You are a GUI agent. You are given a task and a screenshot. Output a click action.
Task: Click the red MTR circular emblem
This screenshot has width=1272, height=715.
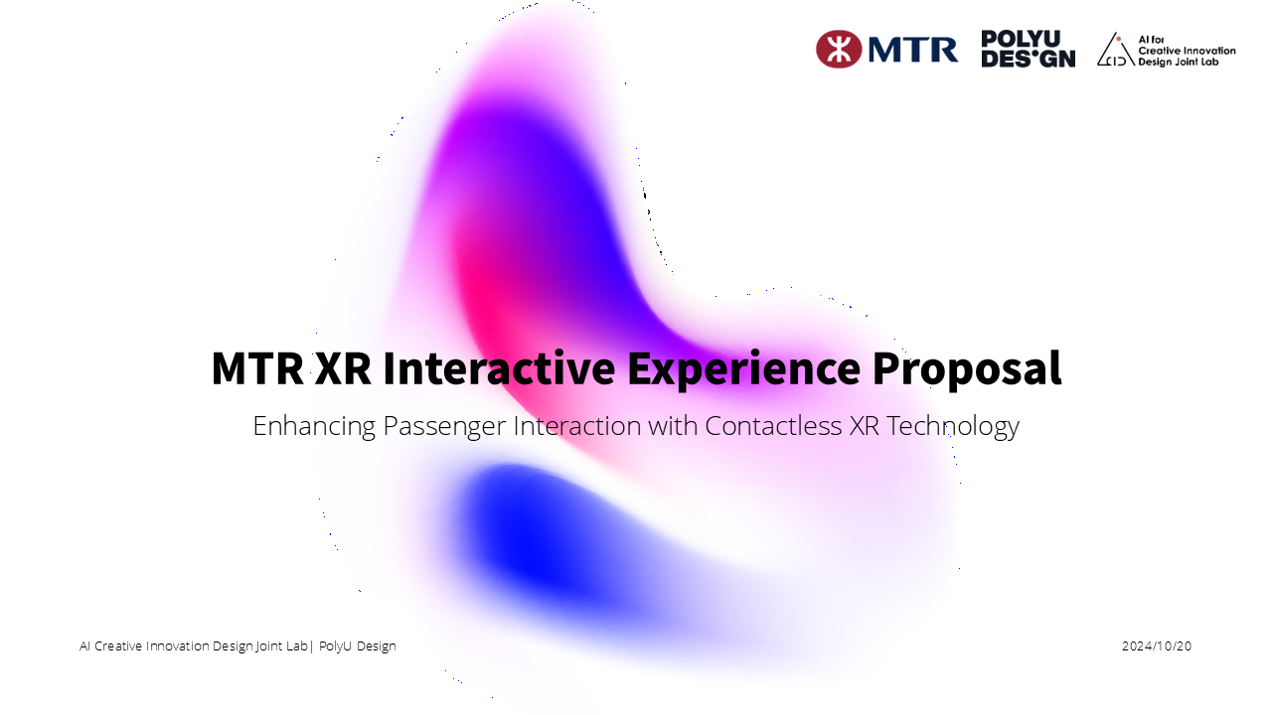[x=839, y=49]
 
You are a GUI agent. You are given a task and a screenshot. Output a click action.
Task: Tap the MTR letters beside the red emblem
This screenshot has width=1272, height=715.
[x=912, y=50]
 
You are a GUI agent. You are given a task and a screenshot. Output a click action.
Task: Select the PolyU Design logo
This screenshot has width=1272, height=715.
[x=1028, y=49]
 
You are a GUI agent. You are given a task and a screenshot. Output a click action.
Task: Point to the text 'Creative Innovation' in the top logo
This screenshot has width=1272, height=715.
[x=1187, y=50]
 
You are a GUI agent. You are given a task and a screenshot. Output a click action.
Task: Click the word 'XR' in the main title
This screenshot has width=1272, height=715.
[x=343, y=368]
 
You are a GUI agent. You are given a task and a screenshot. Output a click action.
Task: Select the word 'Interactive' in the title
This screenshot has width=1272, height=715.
[x=499, y=368]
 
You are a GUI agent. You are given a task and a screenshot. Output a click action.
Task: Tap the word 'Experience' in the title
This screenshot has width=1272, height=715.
[x=743, y=368]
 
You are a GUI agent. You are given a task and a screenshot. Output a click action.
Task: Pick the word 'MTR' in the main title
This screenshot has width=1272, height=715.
[x=256, y=368]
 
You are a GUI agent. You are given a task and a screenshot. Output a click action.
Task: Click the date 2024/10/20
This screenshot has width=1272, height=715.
[x=1157, y=646]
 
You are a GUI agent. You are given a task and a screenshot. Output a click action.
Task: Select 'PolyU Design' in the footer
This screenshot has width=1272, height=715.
[x=358, y=646]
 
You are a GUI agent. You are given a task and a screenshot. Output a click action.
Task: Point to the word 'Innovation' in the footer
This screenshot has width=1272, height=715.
[x=178, y=646]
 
